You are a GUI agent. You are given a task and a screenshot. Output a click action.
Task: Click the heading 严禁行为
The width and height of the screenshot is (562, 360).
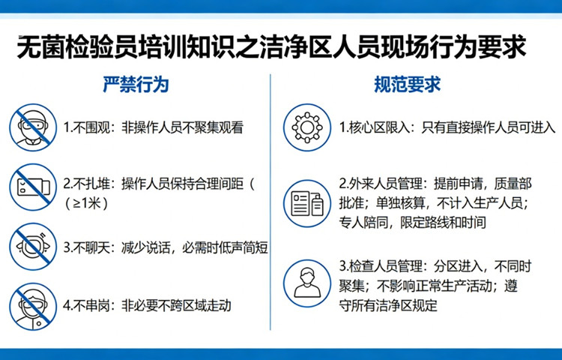[x=135, y=84]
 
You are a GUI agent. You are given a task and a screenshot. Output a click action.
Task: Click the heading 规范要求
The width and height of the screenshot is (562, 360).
[x=407, y=84]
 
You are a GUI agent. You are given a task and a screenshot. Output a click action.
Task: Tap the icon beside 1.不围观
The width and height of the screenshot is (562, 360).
[x=32, y=127]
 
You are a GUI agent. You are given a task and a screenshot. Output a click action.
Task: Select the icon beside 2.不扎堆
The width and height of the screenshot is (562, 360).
[x=32, y=184]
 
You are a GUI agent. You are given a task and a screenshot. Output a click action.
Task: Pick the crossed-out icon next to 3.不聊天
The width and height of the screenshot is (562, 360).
[x=32, y=247]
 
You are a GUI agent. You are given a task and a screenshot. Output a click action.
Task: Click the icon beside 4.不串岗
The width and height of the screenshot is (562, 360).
[x=32, y=304]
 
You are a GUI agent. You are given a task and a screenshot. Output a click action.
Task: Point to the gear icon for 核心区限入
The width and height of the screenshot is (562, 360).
[x=306, y=127]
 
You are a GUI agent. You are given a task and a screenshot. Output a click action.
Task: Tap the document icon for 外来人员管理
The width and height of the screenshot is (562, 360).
[x=306, y=202]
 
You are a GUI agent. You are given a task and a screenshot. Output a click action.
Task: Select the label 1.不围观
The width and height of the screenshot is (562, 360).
[x=87, y=127]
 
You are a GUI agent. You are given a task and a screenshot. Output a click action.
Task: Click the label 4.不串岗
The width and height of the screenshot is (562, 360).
[x=87, y=304]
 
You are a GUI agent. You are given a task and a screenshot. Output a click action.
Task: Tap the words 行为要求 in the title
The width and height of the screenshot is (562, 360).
[x=487, y=48]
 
